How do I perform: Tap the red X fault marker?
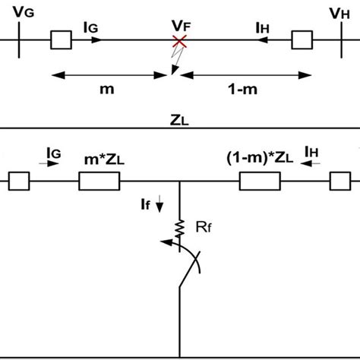click(x=179, y=41)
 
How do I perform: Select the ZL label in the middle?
click(x=180, y=118)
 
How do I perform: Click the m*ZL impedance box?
click(x=99, y=182)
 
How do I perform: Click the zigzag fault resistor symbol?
click(x=180, y=228)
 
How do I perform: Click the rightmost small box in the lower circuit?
click(x=340, y=182)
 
